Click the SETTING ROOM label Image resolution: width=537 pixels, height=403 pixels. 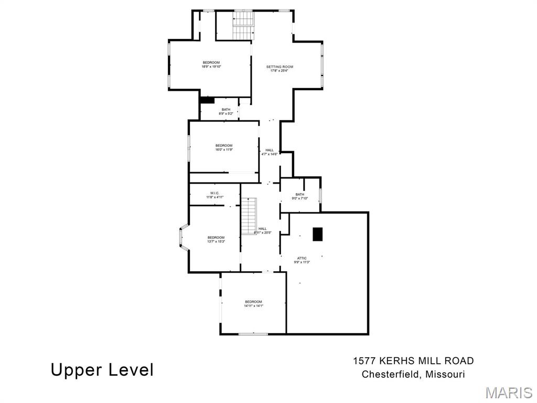click(x=280, y=67)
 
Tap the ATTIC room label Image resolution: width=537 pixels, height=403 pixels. click(x=302, y=258)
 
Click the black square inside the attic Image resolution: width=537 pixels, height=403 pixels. click(x=317, y=235)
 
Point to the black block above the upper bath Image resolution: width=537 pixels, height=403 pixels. click(x=207, y=100)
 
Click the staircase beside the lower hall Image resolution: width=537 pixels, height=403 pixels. click(x=248, y=216)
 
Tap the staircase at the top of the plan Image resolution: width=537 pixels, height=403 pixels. click(x=243, y=25)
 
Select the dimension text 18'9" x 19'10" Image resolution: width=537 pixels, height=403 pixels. click(x=211, y=67)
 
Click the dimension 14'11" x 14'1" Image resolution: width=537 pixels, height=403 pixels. click(x=253, y=306)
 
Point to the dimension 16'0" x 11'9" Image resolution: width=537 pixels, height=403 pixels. click(x=223, y=150)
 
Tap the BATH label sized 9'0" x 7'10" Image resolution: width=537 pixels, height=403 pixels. click(x=299, y=194)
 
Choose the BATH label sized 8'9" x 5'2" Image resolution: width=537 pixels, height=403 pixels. click(x=225, y=109)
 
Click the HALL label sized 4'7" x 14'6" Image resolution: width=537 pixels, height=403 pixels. click(x=269, y=150)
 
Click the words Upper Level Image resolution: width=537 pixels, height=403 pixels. click(x=102, y=370)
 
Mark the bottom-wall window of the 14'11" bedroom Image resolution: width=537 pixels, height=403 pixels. click(x=253, y=334)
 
